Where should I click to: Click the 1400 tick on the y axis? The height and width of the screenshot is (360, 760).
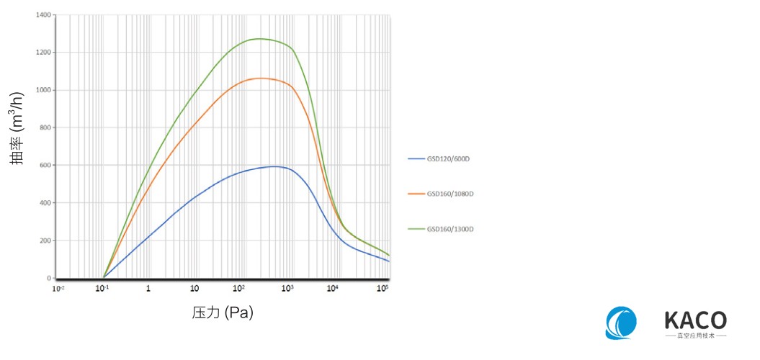click(x=44, y=15)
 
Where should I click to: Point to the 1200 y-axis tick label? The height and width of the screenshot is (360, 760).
click(x=44, y=53)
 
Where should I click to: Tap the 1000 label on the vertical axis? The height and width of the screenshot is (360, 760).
click(x=44, y=90)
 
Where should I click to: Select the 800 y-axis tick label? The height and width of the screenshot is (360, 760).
click(x=45, y=127)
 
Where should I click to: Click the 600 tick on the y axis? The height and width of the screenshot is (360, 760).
click(x=45, y=166)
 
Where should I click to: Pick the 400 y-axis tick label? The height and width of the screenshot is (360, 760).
click(x=45, y=203)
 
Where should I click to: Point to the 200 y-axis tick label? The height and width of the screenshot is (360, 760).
click(x=45, y=240)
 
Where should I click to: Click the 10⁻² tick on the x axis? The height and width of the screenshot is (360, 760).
click(x=58, y=288)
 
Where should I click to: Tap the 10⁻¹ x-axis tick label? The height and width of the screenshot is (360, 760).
click(x=103, y=288)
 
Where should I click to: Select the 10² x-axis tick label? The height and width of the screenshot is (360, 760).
click(x=239, y=288)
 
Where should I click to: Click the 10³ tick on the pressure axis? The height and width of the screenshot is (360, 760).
click(x=287, y=288)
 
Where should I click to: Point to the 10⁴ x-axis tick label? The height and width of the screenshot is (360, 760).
click(x=332, y=288)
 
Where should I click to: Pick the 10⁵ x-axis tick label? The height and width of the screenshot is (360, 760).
click(x=383, y=288)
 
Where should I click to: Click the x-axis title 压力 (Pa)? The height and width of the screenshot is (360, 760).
click(x=223, y=312)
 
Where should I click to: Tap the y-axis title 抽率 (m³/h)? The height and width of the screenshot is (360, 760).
click(x=19, y=128)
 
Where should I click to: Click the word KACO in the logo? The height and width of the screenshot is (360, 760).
click(x=695, y=320)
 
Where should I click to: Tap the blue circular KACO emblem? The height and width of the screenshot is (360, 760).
click(x=622, y=323)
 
